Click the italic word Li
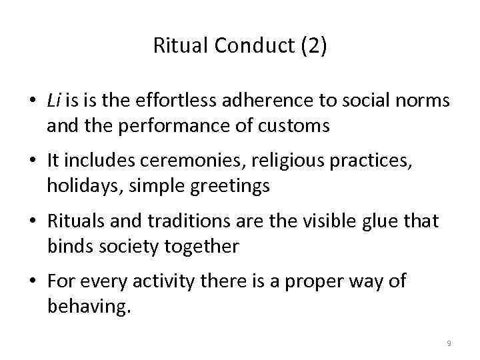click(x=54, y=101)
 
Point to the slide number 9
click(x=449, y=343)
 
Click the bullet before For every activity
click(x=33, y=283)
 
